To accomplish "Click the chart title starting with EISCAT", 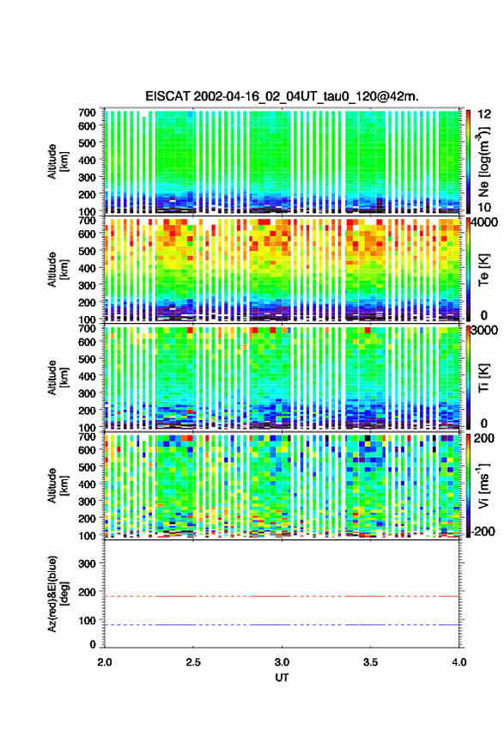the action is coord(282,96).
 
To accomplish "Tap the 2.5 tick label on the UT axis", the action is coord(193,662).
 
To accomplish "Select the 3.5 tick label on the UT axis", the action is coord(370,662).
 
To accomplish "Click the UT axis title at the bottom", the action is coord(282,678).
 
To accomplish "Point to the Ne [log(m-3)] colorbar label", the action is coord(483,161).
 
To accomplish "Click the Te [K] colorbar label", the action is coord(483,270).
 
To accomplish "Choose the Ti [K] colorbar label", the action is coord(483,378).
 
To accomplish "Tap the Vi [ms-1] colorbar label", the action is coord(483,485).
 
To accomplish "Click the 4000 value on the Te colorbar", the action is coord(485,223).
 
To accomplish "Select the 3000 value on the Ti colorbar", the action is coord(485,331).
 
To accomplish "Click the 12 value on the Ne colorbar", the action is coord(485,114).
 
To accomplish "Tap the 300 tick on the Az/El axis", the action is coord(87,563).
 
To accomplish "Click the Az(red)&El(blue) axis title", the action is coord(58,594).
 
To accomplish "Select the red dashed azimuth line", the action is coord(282,597).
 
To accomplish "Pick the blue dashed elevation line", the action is coord(282,625).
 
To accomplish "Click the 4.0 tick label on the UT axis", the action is coord(458,662).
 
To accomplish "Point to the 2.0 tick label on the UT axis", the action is coord(105,662).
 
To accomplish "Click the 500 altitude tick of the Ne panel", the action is coord(87,143).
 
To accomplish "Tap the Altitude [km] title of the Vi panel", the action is coord(58,485).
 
